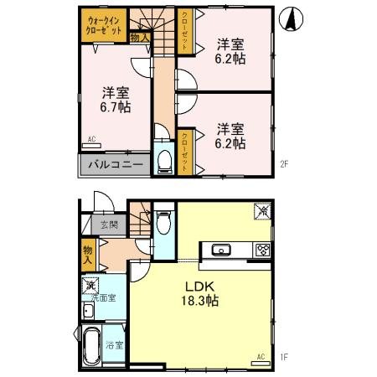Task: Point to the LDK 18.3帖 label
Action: coord(202,293)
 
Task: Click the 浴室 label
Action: coord(115,345)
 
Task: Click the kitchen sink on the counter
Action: coord(222,250)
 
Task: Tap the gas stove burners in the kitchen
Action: coord(262,250)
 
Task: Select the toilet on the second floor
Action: coord(165,159)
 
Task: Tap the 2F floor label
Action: coord(284,164)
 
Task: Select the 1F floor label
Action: coord(284,358)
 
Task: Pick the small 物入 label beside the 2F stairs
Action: coord(141,37)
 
